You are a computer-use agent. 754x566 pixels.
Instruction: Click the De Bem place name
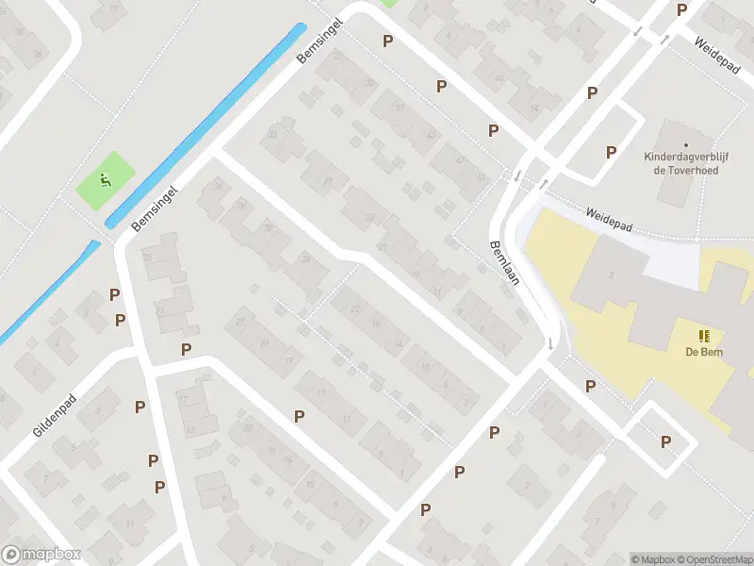(703, 353)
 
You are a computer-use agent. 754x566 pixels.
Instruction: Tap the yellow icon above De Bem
(703, 336)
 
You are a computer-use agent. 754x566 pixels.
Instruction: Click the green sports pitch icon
(106, 179)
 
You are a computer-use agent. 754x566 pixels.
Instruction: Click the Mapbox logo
(41, 555)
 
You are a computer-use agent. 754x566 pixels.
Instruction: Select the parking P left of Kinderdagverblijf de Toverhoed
(611, 152)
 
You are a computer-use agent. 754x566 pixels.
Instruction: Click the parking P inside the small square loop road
(665, 441)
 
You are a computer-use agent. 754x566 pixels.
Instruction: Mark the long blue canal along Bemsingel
(207, 123)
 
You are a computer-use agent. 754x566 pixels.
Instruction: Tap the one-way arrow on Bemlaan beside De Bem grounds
(549, 343)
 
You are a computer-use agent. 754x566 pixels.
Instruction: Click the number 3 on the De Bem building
(611, 275)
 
